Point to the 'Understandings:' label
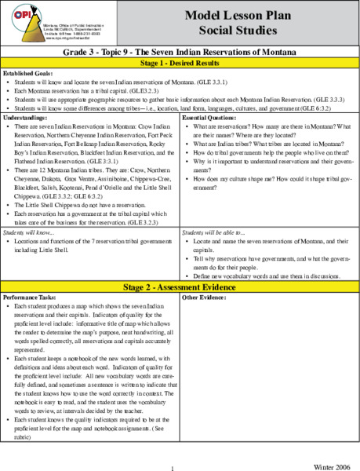[27, 117]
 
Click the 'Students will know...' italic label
[31, 234]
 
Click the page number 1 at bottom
[171, 469]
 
